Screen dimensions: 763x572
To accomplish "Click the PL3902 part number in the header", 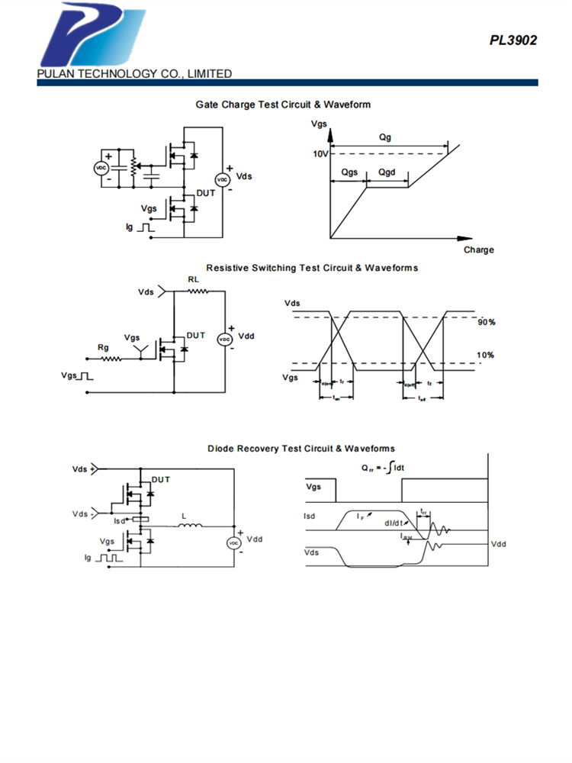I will coord(513,40).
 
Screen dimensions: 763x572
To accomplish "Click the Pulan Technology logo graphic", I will coord(92,36).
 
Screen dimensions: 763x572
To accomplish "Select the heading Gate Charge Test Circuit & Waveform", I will coord(283,104).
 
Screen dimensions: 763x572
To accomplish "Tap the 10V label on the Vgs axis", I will coord(320,154).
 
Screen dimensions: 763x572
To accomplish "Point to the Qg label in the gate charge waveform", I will coord(387,137).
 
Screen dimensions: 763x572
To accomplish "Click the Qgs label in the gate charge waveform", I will coord(349,173).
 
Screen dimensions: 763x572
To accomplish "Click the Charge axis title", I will coord(478,250).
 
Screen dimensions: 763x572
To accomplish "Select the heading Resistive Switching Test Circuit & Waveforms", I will coord(312,268).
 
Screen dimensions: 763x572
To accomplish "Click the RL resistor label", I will coord(193,280).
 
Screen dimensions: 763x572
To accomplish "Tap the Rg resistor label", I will coord(103,347).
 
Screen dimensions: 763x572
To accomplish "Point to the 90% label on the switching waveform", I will coord(487,323).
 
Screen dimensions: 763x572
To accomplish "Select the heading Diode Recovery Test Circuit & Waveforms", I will coord(301,449).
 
